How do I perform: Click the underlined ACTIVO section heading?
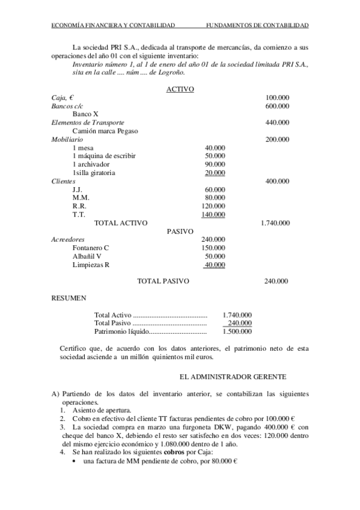pyautogui.click(x=179, y=88)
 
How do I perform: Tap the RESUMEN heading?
pyautogui.click(x=68, y=297)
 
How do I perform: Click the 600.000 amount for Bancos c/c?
pyautogui.click(x=277, y=105)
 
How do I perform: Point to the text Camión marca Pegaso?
pyautogui.click(x=105, y=131)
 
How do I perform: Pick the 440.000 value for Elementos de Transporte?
pyautogui.click(x=277, y=122)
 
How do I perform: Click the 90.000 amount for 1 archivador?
pyautogui.click(x=215, y=164)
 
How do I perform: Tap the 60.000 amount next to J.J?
pyautogui.click(x=215, y=189)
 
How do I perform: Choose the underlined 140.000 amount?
pyautogui.click(x=213, y=215)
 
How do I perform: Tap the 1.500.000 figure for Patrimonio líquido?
pyautogui.click(x=237, y=331)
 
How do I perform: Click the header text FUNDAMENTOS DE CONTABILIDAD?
pyautogui.click(x=257, y=25)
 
